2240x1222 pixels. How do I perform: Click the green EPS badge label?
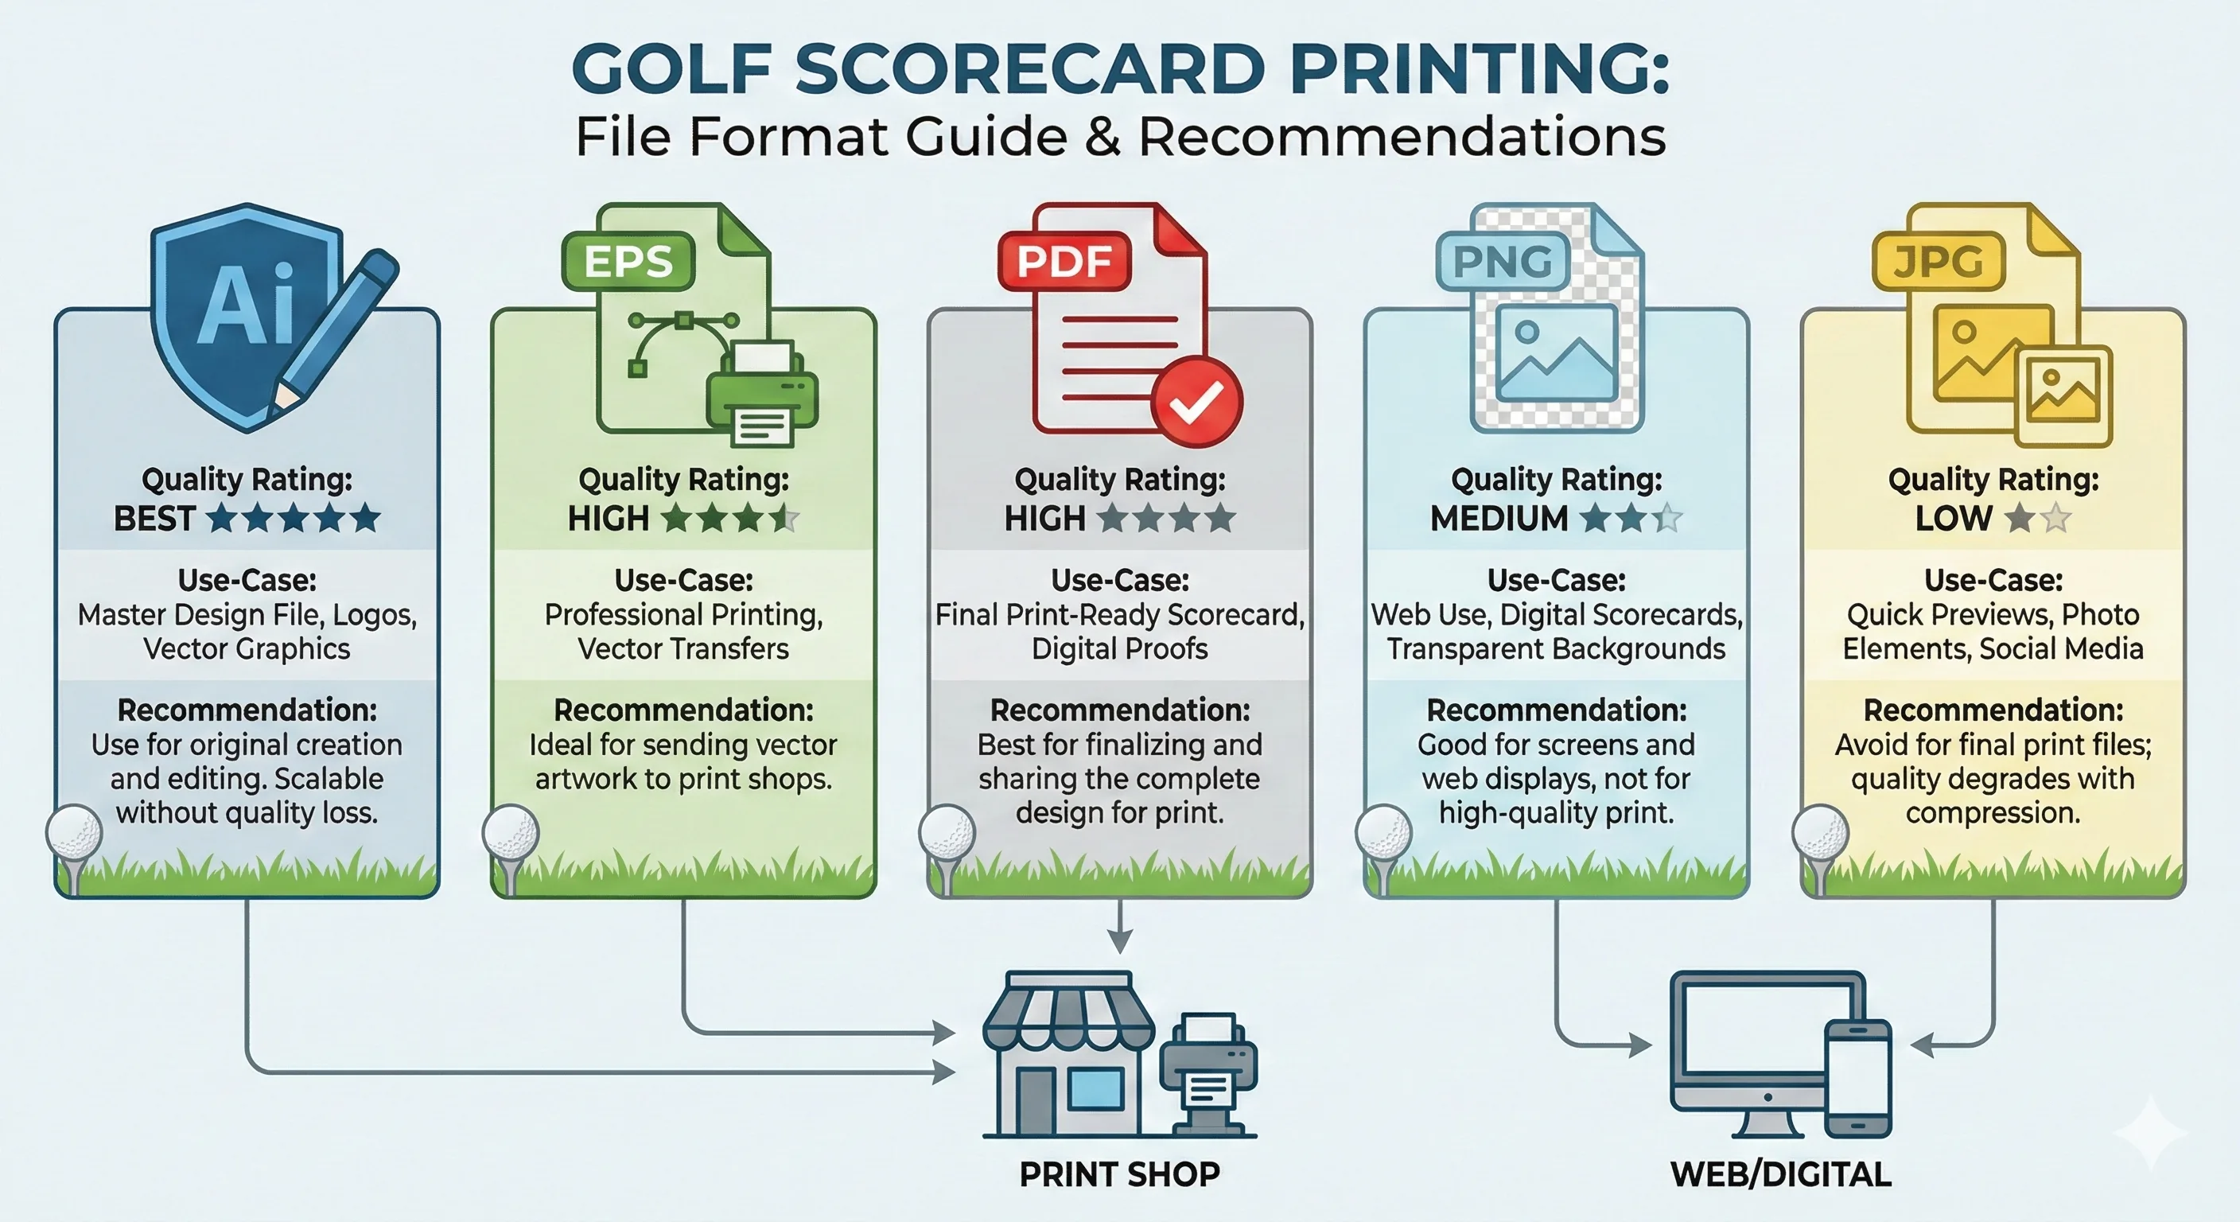pos(628,261)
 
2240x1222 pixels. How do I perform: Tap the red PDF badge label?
pos(1064,261)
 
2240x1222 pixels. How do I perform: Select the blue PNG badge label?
pos(1502,261)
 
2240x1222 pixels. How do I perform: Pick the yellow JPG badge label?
pos(1939,261)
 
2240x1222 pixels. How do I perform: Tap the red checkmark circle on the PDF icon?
pos(1196,402)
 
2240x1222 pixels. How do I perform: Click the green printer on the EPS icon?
pos(763,395)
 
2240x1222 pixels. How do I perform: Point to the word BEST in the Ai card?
pos(155,519)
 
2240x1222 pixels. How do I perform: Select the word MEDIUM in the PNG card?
pos(1499,519)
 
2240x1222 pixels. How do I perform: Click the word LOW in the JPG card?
pos(1953,519)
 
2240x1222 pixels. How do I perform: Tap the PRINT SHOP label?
pos(1119,1174)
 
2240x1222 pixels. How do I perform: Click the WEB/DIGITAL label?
pos(1780,1174)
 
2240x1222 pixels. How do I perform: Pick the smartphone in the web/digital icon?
pos(1857,1079)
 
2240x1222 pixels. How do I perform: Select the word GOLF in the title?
pos(672,68)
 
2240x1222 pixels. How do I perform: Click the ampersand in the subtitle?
pos(1102,138)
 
